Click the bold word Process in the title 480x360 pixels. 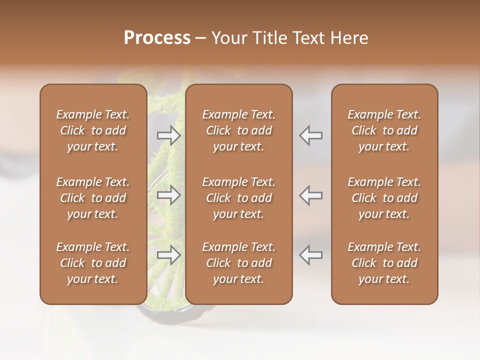click(x=157, y=38)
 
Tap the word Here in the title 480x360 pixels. click(x=349, y=38)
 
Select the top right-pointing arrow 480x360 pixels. click(x=169, y=135)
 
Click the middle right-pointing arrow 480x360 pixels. click(x=169, y=195)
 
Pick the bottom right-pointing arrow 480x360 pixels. click(x=169, y=255)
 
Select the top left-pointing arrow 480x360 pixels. click(x=311, y=135)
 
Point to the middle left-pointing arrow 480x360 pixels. click(x=311, y=195)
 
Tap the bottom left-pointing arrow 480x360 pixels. click(x=311, y=255)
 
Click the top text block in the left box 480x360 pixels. click(x=93, y=130)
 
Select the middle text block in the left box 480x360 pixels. click(x=93, y=198)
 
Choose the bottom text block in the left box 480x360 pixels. click(x=93, y=263)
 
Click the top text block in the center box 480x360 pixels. click(x=239, y=130)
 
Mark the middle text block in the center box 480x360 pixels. click(x=239, y=198)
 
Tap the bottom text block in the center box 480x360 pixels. click(x=239, y=263)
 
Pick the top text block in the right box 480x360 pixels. click(x=384, y=130)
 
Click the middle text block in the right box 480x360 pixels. click(x=384, y=198)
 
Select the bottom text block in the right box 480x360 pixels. click(x=384, y=263)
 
